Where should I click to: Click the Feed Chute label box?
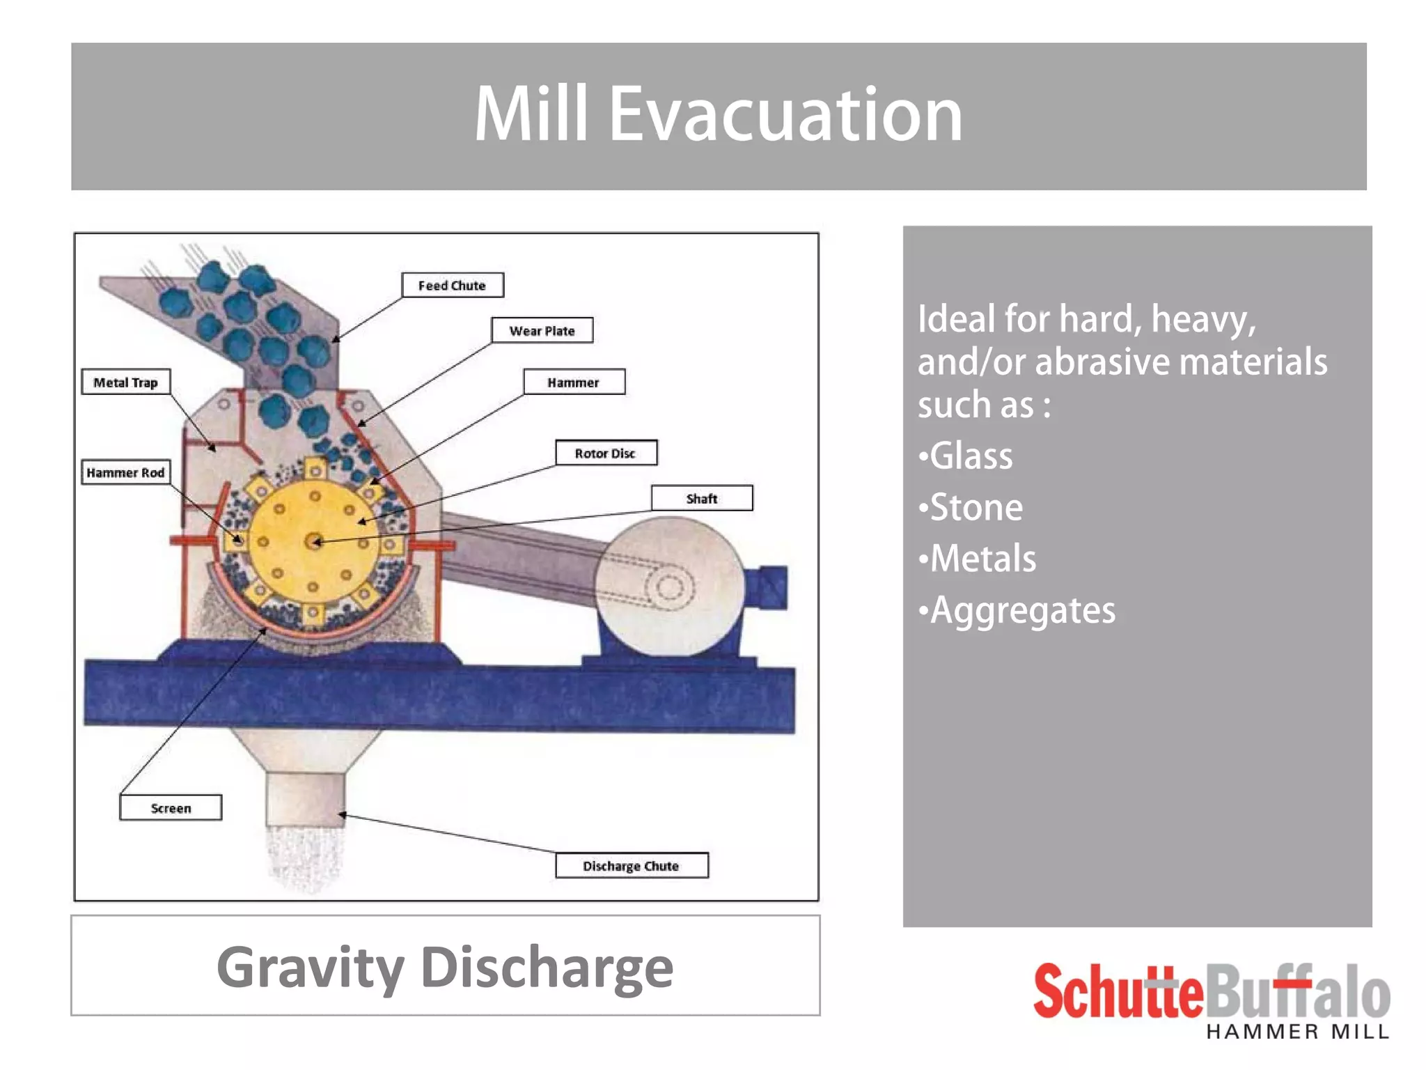(453, 285)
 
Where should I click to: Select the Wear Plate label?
(542, 330)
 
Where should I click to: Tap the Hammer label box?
(574, 382)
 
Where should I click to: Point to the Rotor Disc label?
(606, 453)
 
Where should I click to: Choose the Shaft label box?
(702, 498)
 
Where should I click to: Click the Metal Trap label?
(125, 382)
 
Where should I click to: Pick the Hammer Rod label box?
(125, 472)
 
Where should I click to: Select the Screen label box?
(171, 807)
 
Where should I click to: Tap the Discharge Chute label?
(632, 865)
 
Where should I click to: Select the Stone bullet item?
(971, 507)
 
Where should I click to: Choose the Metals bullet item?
(978, 559)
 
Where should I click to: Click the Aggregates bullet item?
(1017, 610)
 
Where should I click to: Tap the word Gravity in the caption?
(311, 967)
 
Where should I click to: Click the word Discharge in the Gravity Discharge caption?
(547, 967)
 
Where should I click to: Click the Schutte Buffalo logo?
(1212, 992)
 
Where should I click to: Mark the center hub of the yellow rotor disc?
(314, 541)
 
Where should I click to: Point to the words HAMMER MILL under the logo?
(1297, 1032)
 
